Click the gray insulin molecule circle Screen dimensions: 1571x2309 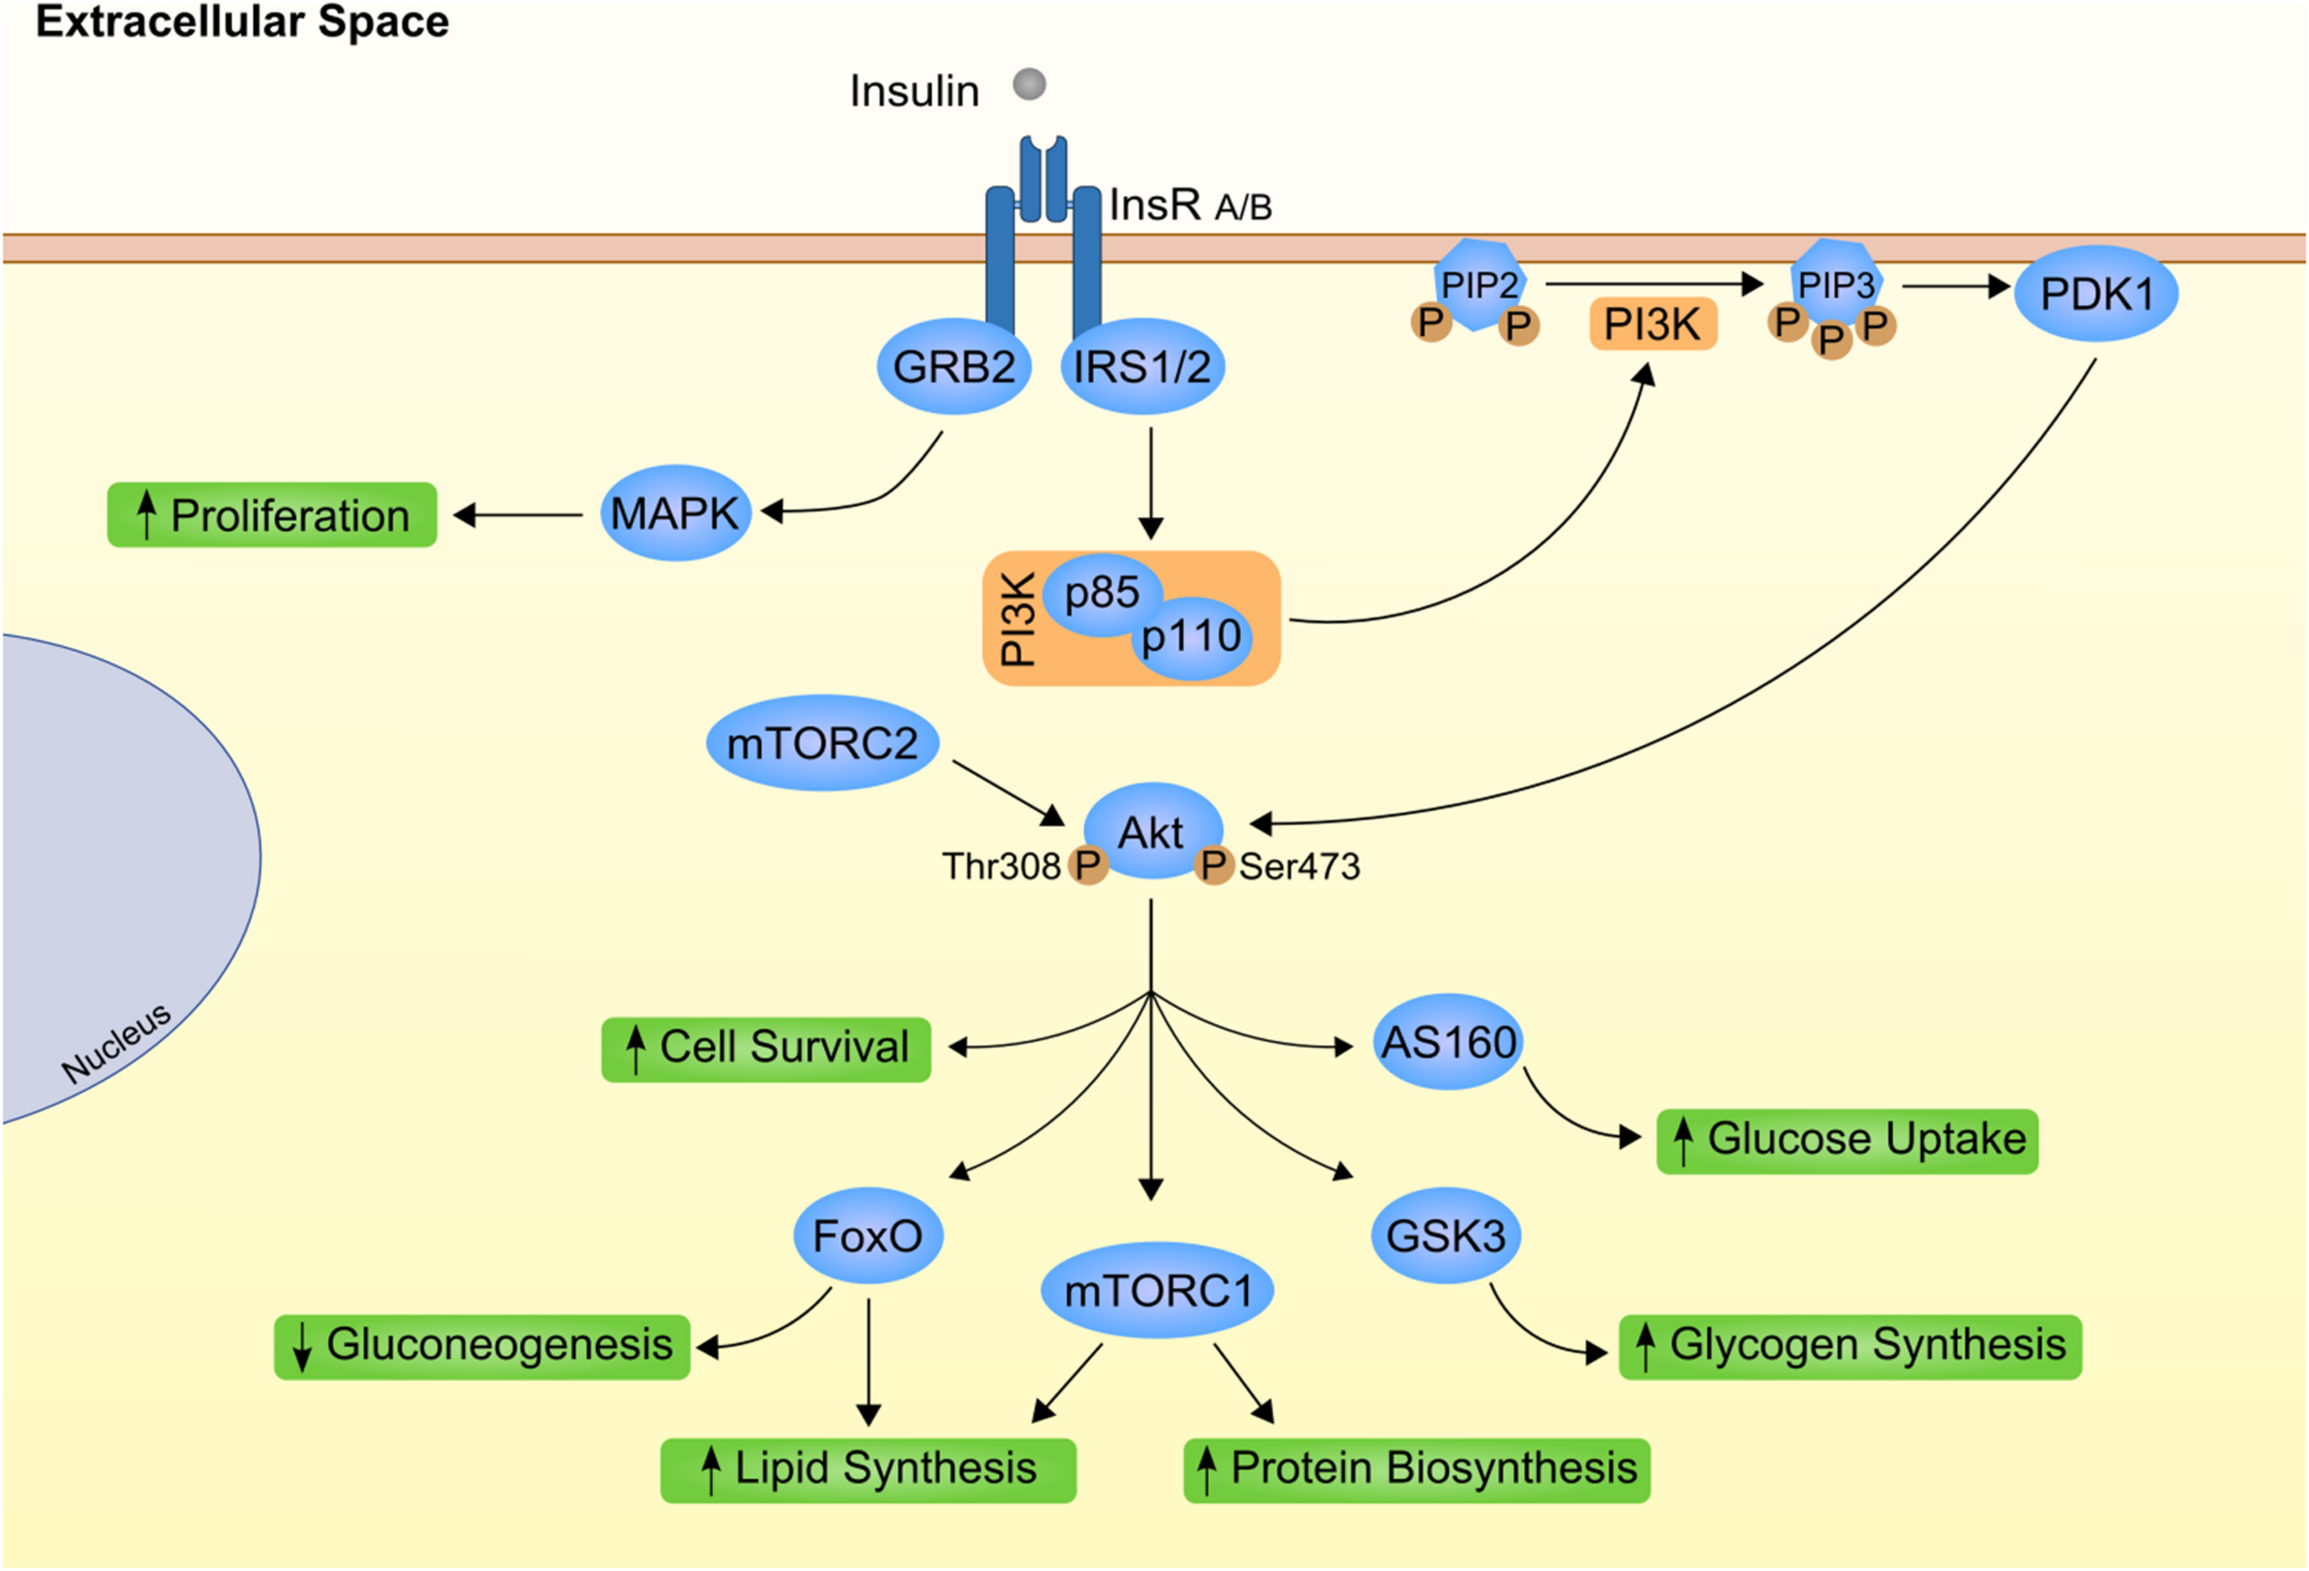point(1029,83)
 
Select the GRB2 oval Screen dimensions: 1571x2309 point(953,367)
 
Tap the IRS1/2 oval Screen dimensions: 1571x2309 point(1142,367)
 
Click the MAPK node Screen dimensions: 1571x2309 point(674,514)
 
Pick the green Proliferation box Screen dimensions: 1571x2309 point(272,514)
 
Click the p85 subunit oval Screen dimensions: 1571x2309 point(1101,593)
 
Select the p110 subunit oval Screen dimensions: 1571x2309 point(1191,637)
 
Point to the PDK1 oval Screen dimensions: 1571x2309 point(2096,294)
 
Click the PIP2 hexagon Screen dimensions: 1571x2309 point(1480,285)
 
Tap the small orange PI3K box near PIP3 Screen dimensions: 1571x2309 point(1652,324)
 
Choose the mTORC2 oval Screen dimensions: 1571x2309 point(822,743)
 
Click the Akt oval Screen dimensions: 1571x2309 point(1152,833)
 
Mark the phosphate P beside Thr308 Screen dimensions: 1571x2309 point(1088,865)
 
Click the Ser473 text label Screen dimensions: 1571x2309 point(1299,866)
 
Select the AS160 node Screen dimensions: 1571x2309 point(1448,1043)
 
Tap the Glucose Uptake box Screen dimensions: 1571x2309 point(1846,1141)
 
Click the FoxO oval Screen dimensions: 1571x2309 point(867,1236)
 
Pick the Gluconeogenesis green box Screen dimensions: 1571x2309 point(482,1347)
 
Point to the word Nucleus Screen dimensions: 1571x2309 point(116,1043)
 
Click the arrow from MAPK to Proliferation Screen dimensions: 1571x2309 point(519,514)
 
